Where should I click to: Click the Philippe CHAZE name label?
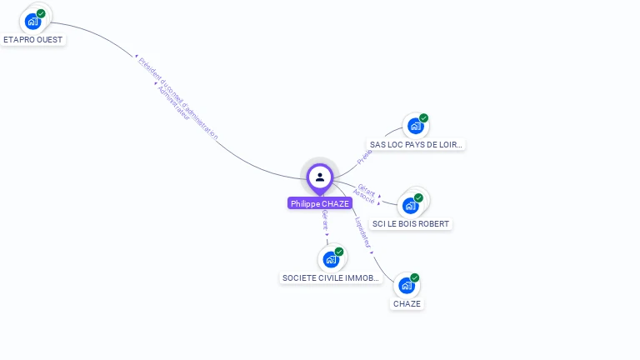coord(319,203)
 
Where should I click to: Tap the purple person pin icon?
coord(320,177)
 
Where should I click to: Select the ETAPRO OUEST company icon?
coord(33,21)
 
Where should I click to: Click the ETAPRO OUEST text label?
coord(33,39)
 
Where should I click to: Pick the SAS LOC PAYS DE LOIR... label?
coord(416,144)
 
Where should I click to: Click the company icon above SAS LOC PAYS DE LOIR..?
coord(415,126)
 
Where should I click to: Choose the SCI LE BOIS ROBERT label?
coord(411,223)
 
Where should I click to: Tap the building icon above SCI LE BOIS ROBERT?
coord(410,205)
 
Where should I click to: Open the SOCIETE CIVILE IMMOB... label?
coord(332,277)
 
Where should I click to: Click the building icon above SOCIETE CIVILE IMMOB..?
coord(331,259)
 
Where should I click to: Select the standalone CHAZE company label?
coord(407,303)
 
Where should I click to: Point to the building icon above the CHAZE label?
coord(407,285)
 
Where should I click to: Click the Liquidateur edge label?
coord(363,234)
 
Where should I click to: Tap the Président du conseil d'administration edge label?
coord(178,97)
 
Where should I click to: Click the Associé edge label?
coord(363,197)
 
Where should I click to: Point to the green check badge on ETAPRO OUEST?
coord(41,13)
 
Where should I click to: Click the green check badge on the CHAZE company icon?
coord(414,277)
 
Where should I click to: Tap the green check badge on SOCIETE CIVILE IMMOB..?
coord(339,252)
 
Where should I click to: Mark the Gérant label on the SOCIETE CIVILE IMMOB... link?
coord(325,222)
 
